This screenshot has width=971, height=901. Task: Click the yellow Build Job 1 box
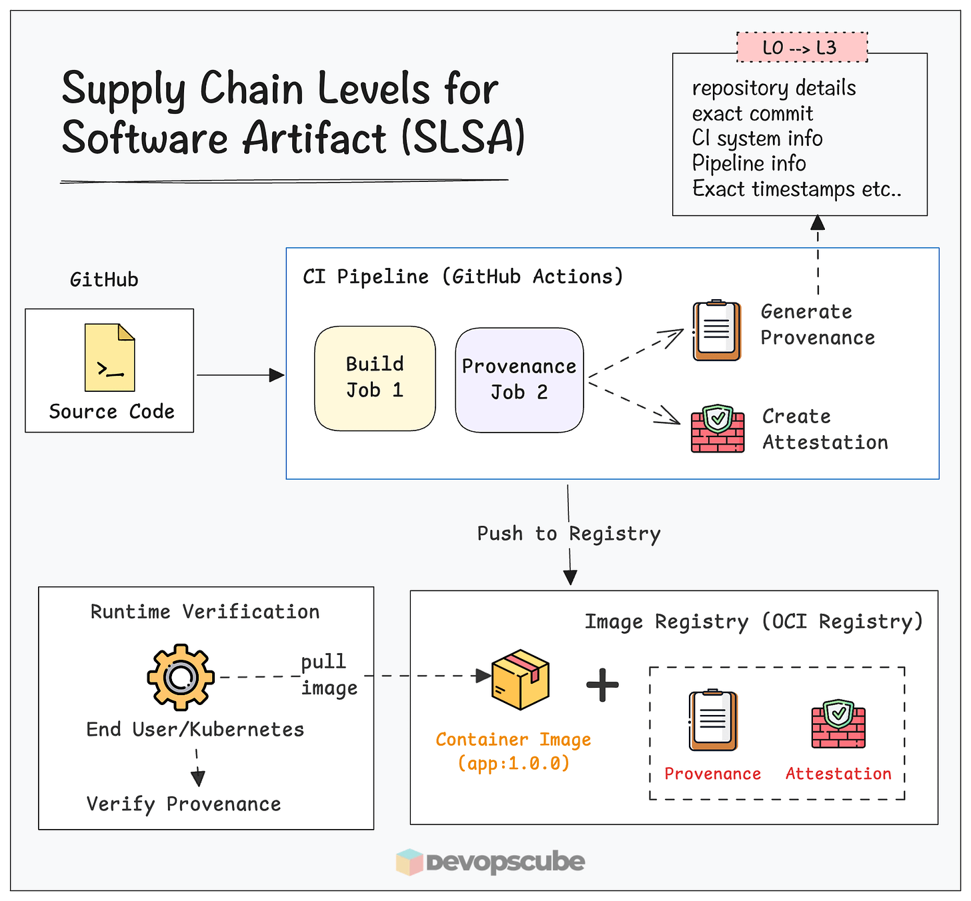(x=375, y=378)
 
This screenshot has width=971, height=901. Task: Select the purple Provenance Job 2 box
(x=520, y=380)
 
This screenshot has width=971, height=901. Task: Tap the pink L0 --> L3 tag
(x=802, y=47)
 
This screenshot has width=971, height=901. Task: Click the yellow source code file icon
(x=109, y=357)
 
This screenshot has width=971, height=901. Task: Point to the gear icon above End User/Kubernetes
(x=181, y=676)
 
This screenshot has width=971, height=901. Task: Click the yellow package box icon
(x=520, y=679)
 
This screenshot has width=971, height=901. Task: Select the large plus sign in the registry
(x=602, y=684)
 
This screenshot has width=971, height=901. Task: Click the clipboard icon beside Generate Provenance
(x=717, y=330)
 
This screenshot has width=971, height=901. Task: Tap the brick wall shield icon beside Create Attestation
(x=718, y=429)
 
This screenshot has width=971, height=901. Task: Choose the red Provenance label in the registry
(x=712, y=774)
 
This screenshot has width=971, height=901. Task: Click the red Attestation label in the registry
(x=838, y=774)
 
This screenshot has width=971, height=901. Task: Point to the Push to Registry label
(x=569, y=534)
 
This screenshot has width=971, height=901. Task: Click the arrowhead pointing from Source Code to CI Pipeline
(x=277, y=375)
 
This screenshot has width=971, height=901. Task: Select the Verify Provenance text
(x=184, y=804)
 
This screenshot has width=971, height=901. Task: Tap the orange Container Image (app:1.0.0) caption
(x=514, y=752)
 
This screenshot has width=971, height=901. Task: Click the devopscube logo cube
(x=409, y=862)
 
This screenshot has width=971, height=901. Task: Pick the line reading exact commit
(x=752, y=113)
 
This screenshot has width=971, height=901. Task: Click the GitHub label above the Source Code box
(x=104, y=279)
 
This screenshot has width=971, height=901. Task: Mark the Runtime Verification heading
(x=205, y=612)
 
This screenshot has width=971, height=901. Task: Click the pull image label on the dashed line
(x=329, y=675)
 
